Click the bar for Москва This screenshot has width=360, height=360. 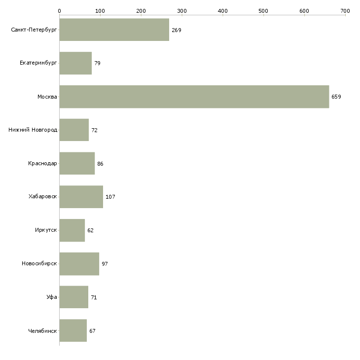coord(194,97)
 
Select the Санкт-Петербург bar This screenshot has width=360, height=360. coord(114,30)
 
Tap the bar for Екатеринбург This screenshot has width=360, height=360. coord(75,63)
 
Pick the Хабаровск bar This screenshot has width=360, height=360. coord(81,197)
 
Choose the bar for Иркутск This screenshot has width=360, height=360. coord(72,230)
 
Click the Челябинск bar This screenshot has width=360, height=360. coord(73,330)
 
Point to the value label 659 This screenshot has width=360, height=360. coord(336,97)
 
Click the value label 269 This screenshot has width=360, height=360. coord(177,30)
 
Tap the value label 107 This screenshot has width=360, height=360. coord(110,197)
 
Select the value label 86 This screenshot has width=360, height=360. coord(100,164)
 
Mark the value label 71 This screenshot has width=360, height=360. coord(94,297)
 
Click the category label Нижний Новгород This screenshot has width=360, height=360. coord(33,130)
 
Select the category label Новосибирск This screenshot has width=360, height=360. coord(39,263)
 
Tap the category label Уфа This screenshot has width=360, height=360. coord(52,297)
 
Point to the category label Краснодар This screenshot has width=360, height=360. coord(42,163)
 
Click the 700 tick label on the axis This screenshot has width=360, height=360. coord(345,11)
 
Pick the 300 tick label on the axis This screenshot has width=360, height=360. coord(182,11)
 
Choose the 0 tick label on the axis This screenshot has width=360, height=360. coord(60,11)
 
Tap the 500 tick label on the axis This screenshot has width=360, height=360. coord(263,11)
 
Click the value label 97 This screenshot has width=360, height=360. coord(105,264)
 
